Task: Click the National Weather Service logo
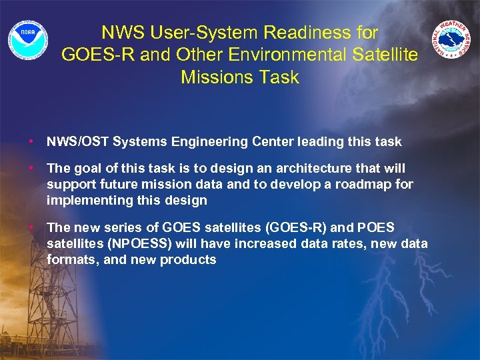tap(451, 39)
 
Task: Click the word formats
tap(72, 260)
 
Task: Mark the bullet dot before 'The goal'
tap(31, 169)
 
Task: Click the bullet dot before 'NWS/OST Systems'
tap(31, 141)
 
